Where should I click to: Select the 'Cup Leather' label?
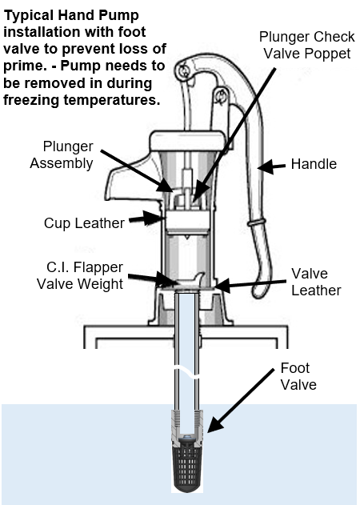84,223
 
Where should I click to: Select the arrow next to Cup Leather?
147,218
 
